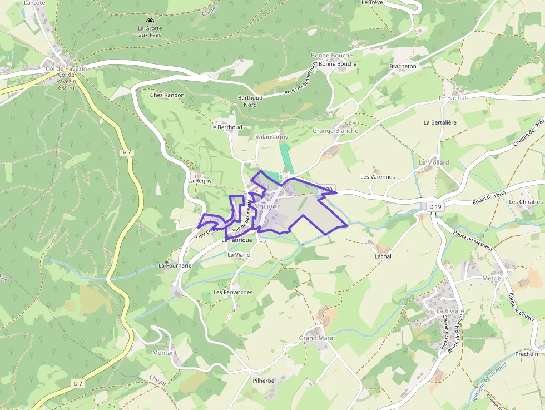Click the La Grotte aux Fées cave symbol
[149, 19]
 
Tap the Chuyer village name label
[267, 206]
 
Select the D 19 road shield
[435, 207]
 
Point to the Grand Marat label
[316, 338]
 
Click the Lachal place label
[383, 256]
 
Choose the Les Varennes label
[378, 177]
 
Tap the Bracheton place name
[403, 66]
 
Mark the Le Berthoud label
[226, 127]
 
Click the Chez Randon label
[167, 95]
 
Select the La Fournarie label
[175, 266]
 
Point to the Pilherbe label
[264, 381]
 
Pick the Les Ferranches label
[233, 292]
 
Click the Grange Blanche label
[335, 131]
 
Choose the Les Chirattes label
[526, 202]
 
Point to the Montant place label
[165, 353]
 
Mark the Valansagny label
[271, 137]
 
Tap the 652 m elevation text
[66, 88]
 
